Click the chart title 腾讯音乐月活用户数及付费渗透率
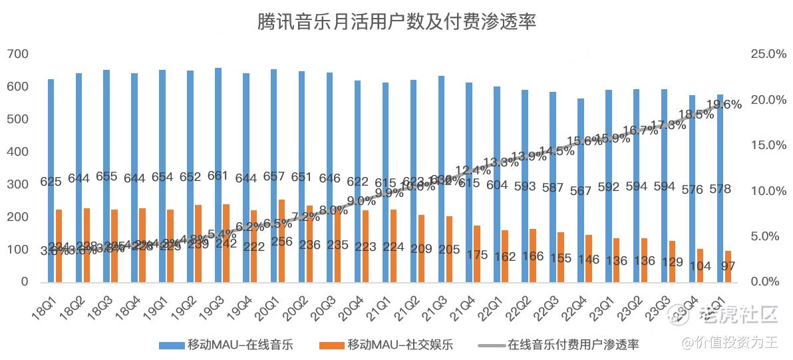coord(397,22)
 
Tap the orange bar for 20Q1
coord(282,226)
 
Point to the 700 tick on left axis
coord(18,54)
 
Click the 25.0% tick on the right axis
coord(768,54)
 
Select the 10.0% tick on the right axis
coord(768,191)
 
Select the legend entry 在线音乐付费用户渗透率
coord(573,345)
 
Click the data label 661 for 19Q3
coord(218,176)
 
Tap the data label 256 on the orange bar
coord(282,242)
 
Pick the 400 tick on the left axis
coord(18,152)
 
